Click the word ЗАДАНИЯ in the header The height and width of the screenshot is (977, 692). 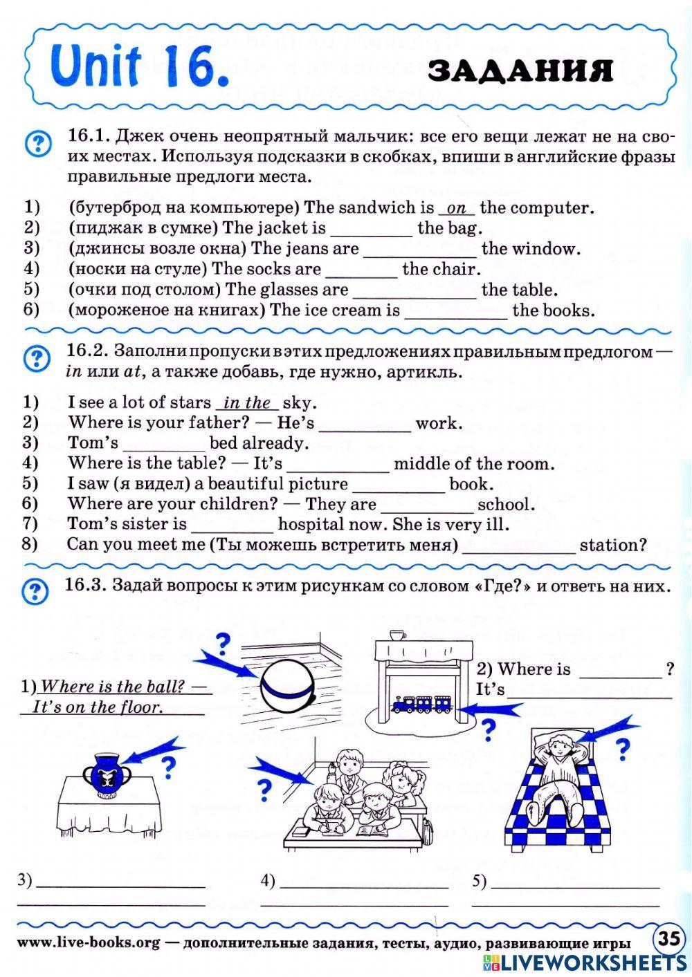(x=520, y=71)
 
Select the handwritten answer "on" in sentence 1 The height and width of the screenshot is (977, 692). (x=457, y=207)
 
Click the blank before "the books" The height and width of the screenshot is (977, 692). (x=455, y=311)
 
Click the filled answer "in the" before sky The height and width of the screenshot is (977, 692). (x=247, y=402)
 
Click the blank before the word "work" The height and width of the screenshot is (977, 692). (x=365, y=424)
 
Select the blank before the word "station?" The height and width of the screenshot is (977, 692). (x=518, y=546)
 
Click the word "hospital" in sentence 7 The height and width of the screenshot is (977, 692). (x=310, y=525)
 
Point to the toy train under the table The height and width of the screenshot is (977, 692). (x=421, y=705)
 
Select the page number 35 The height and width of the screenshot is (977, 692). (x=668, y=939)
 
